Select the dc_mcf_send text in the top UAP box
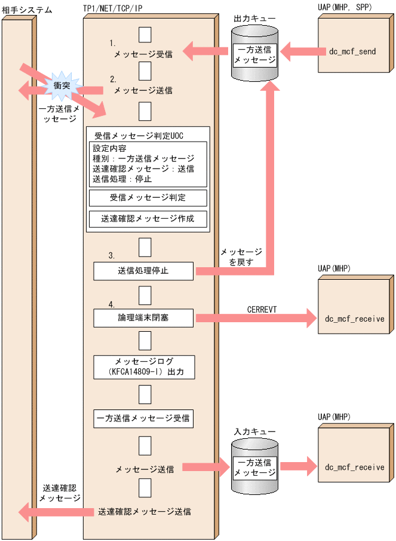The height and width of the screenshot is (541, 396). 352,51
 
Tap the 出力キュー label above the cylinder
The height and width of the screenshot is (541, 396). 254,19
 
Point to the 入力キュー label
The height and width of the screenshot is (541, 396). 254,430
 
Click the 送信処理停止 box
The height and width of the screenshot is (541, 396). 143,271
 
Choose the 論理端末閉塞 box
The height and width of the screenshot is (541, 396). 143,317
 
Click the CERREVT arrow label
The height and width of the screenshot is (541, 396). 262,308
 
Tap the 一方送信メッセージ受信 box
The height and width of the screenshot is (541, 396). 143,417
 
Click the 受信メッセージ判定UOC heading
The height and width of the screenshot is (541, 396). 139,136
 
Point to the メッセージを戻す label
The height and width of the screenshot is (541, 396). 241,257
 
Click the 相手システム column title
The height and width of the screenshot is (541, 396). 27,10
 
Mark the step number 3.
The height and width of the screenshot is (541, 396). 112,255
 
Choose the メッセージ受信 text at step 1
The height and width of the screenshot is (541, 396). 144,54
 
